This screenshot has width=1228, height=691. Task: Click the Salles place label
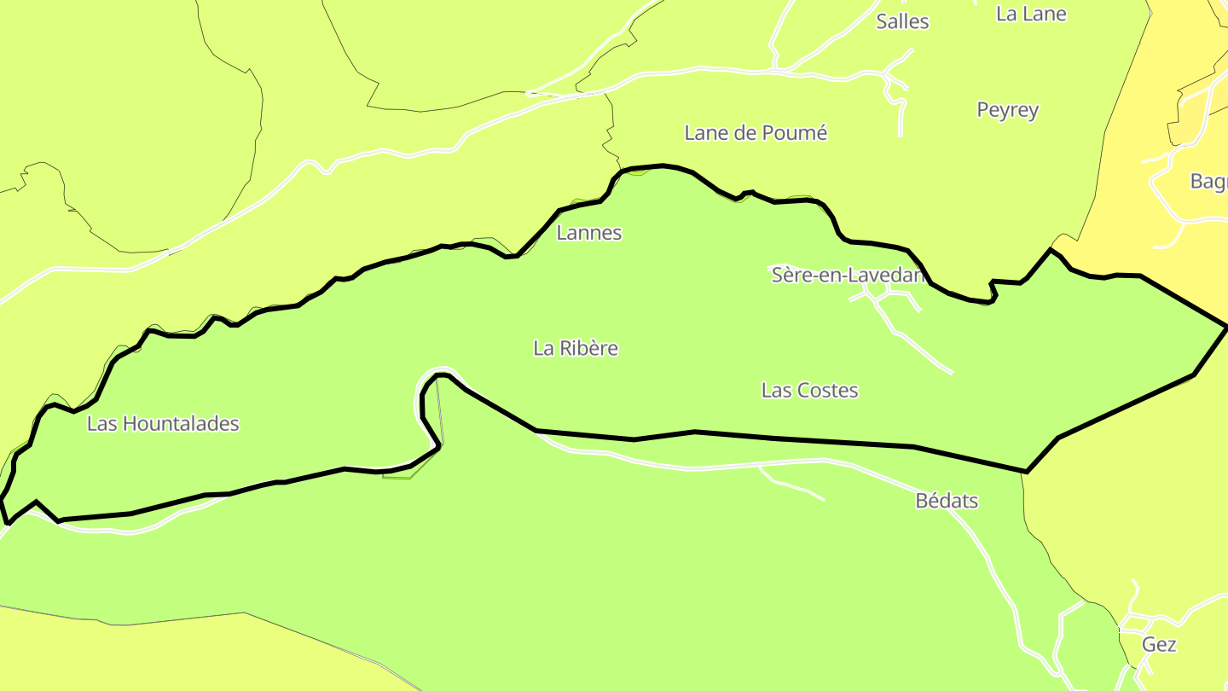point(902,21)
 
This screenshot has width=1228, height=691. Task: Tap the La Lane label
point(1031,14)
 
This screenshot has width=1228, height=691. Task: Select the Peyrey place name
point(1007,110)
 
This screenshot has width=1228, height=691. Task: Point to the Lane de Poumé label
point(756,133)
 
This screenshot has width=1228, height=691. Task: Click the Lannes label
point(589,233)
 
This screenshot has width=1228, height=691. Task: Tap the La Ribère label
point(576,348)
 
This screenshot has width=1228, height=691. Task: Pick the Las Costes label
point(809,391)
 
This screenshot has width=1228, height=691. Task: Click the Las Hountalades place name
point(163,424)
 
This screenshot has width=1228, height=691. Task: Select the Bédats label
point(947,501)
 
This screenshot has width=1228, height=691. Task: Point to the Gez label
point(1159,645)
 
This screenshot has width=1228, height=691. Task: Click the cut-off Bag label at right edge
point(1208,182)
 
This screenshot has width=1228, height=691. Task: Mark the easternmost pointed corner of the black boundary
point(1226,327)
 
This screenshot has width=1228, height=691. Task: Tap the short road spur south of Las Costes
point(793,486)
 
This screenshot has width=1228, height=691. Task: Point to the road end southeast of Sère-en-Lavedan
point(951,372)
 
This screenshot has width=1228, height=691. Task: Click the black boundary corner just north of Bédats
point(1026,471)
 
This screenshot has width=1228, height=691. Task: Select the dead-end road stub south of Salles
point(901,133)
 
